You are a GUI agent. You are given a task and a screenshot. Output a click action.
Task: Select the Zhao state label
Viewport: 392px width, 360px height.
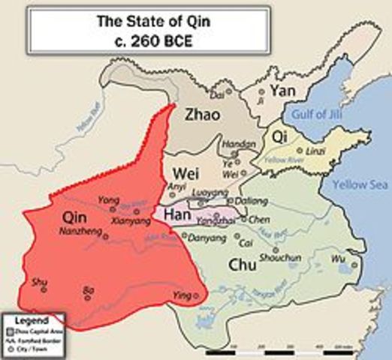202,115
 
